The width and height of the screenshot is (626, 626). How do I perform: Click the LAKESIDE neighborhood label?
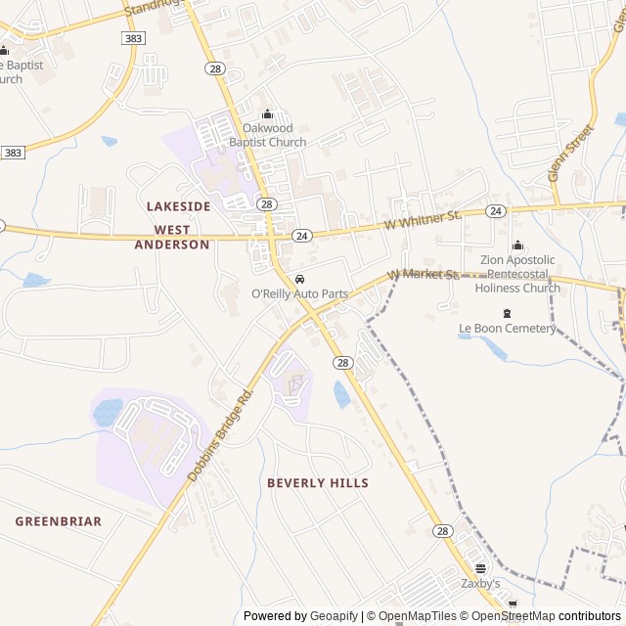point(178,206)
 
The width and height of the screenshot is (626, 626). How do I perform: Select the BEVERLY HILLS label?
point(318,483)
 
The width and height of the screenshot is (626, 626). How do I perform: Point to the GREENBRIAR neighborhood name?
point(58,521)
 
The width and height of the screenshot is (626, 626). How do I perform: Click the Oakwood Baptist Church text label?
point(267,135)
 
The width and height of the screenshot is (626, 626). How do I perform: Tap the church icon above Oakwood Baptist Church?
point(267,114)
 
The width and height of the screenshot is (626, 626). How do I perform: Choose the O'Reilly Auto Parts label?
point(300,293)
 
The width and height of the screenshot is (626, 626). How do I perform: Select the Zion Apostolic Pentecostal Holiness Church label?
point(517,274)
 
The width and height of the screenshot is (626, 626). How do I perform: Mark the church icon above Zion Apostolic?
point(517,246)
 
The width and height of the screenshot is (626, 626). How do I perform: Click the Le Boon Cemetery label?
point(507,329)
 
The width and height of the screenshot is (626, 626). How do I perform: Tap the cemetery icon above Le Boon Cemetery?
point(507,313)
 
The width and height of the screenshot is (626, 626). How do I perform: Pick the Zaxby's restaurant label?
point(480,584)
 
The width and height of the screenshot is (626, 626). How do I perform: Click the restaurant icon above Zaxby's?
point(480,568)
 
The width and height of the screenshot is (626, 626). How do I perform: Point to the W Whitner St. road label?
point(423,219)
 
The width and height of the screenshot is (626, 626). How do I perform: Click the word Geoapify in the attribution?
point(335,616)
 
